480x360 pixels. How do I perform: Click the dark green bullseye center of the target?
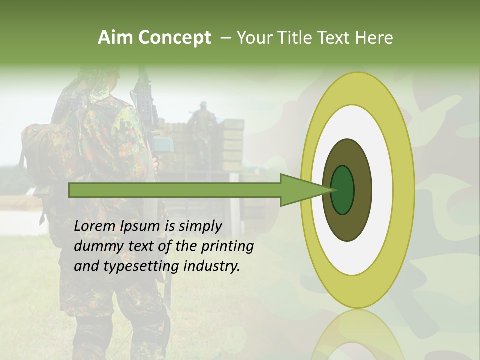click(x=343, y=190)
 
